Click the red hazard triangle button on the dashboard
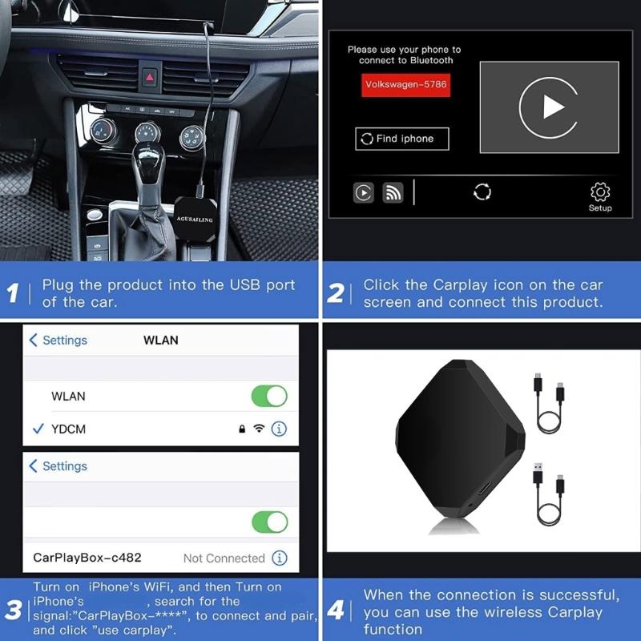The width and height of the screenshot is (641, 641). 150,77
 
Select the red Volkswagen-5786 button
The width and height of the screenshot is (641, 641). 405,84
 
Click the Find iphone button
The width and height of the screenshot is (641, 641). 401,139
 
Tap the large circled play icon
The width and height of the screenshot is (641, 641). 549,107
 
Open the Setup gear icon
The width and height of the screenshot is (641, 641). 600,192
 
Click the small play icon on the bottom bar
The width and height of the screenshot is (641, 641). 364,192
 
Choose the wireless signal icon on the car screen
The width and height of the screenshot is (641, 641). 392,192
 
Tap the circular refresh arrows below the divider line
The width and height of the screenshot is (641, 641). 482,192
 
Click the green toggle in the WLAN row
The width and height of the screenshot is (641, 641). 269,396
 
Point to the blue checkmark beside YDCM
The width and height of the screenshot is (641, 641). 38,429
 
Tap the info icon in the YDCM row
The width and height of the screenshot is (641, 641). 279,429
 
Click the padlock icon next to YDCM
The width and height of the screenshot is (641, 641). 241,429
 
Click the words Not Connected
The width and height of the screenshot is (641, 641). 224,558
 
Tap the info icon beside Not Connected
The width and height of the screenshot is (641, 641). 279,558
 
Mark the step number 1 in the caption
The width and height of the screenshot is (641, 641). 13,293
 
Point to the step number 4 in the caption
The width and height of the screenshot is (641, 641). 336,611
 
